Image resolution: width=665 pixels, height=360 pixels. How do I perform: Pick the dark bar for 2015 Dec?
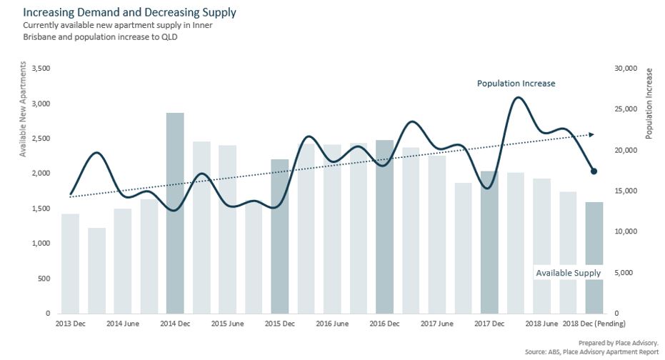pyautogui.click(x=280, y=236)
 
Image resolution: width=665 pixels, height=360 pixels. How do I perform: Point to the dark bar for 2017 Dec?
pyautogui.click(x=489, y=242)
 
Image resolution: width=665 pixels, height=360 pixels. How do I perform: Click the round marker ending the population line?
pyautogui.click(x=594, y=171)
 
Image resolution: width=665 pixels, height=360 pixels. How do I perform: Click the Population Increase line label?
pyautogui.click(x=516, y=84)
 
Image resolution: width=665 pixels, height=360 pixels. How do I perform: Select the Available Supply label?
pyautogui.click(x=568, y=273)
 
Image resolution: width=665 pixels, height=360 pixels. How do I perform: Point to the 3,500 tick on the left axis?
pyautogui.click(x=42, y=69)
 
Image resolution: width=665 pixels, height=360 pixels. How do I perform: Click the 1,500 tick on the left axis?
pyautogui.click(x=42, y=209)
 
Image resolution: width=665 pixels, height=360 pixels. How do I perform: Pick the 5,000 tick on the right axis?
pyautogui.click(x=622, y=273)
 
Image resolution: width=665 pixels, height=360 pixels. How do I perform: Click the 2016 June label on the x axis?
pyautogui.click(x=332, y=324)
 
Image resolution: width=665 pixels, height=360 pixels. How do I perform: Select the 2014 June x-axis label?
pyautogui.click(x=123, y=324)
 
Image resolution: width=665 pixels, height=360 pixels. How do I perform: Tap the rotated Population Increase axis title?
pyautogui.click(x=649, y=104)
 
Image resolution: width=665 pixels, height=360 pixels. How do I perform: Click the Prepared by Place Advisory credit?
pyautogui.click(x=618, y=343)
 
